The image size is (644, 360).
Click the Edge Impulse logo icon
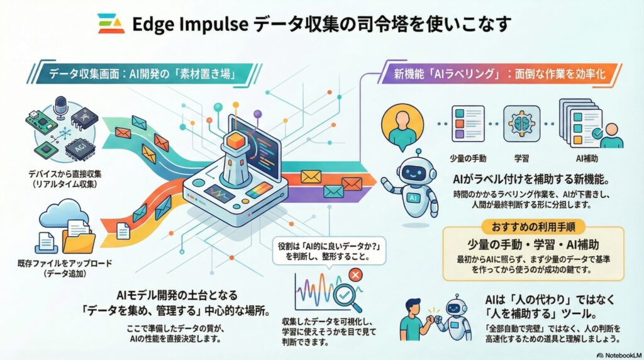pos(111,23)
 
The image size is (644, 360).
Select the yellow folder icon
pos(79,241)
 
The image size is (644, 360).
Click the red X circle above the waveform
pos(355,275)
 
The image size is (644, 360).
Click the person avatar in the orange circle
pos(402,125)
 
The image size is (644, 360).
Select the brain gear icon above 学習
pos(521,123)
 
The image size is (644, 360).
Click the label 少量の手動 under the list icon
pos(468,158)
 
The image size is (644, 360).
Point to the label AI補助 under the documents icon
pos(587,158)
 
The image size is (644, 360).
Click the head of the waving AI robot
pos(416,172)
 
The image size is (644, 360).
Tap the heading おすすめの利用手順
pos(533,227)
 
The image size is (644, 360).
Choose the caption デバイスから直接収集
pos(65,174)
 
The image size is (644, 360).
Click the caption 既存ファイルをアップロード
pos(65,264)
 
